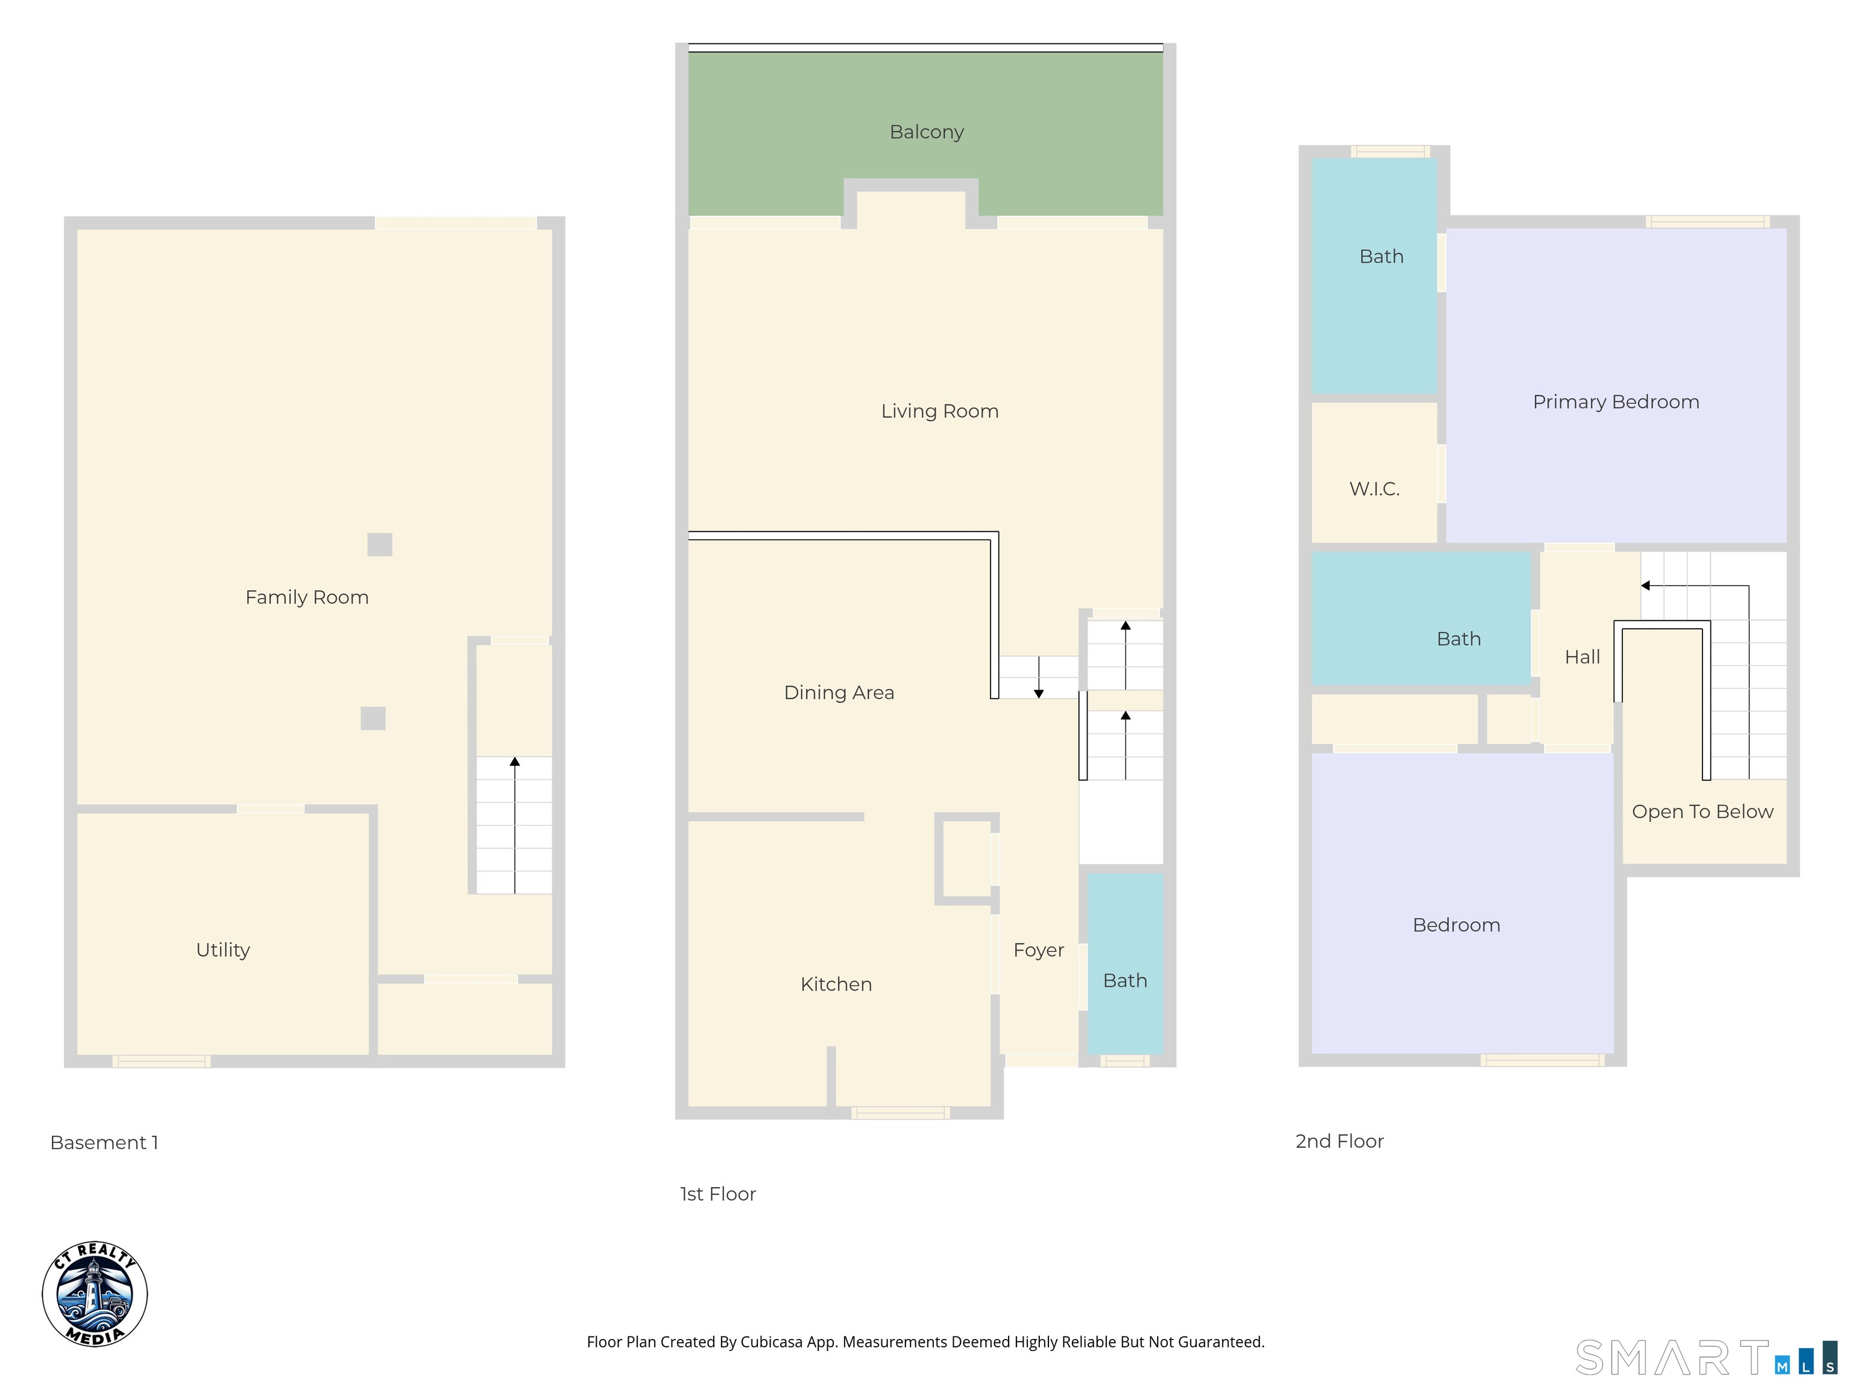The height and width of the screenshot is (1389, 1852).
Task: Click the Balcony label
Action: (926, 132)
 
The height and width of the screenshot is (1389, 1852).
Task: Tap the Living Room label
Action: (939, 411)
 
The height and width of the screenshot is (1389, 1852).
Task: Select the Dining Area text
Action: (839, 693)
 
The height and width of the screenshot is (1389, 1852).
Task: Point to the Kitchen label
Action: (836, 984)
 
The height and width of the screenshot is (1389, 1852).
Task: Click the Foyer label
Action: (1038, 950)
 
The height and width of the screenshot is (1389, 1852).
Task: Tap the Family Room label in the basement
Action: (306, 597)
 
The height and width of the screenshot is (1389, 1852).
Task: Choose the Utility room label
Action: (222, 950)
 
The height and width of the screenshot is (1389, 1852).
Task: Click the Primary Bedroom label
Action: (1616, 402)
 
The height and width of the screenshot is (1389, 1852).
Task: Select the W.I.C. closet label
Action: (1374, 489)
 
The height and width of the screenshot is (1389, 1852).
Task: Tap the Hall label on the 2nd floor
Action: (1581, 657)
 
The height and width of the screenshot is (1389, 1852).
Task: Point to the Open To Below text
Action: (1702, 811)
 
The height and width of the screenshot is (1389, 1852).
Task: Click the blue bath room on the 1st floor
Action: (1124, 980)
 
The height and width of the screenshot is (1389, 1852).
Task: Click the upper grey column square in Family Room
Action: (379, 544)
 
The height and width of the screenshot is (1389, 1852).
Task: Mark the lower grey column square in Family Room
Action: (373, 719)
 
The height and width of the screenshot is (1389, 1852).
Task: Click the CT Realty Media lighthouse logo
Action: (95, 1294)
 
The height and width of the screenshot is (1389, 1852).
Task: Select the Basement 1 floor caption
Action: (104, 1143)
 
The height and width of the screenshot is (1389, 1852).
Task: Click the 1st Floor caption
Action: (717, 1194)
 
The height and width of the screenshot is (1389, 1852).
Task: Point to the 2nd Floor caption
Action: (1339, 1141)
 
